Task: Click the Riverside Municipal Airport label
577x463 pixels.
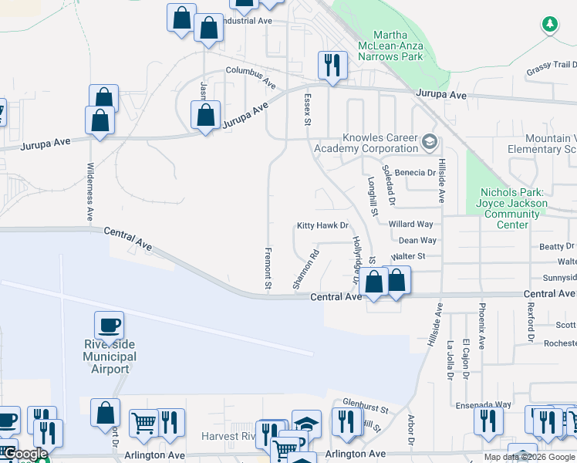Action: (x=109, y=357)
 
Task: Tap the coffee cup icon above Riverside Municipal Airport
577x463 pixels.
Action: (x=109, y=325)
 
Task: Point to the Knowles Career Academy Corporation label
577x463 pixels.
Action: (x=369, y=143)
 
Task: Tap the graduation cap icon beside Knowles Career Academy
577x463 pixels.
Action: (x=430, y=143)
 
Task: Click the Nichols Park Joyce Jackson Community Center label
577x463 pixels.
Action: (x=513, y=208)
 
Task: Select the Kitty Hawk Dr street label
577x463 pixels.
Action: (x=323, y=226)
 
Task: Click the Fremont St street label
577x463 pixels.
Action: (x=268, y=269)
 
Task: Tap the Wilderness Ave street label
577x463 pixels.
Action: (x=90, y=188)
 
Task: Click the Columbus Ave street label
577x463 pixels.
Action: (x=251, y=76)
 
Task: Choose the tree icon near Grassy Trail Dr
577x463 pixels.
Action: (x=549, y=25)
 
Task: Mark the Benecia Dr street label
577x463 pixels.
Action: (x=415, y=174)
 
